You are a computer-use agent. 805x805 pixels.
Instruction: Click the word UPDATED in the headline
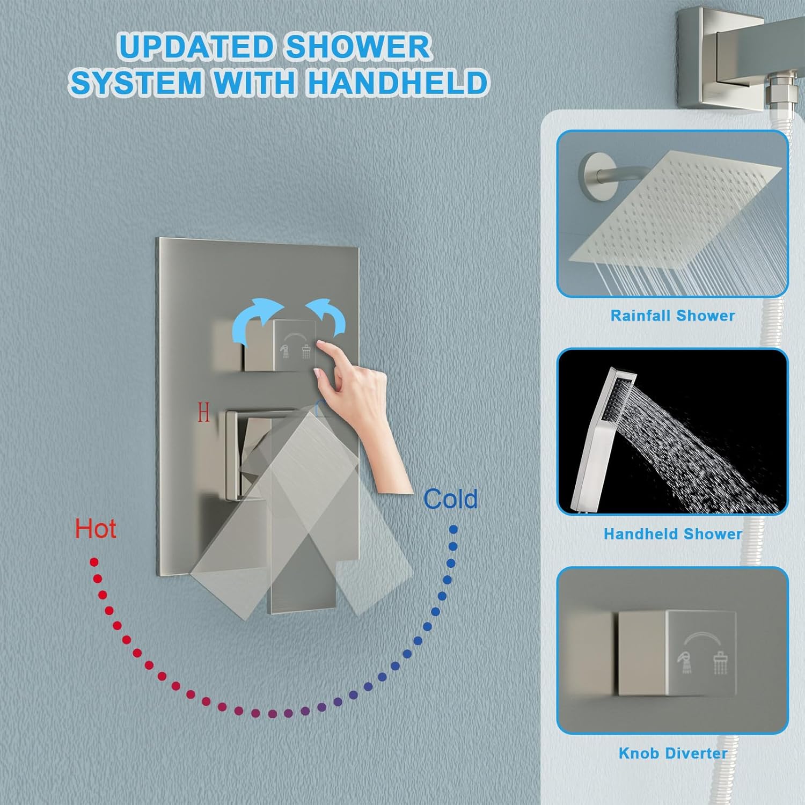(x=196, y=47)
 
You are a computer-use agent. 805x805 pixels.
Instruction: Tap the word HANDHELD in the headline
(x=397, y=83)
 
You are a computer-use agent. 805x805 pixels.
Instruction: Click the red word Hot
(x=96, y=529)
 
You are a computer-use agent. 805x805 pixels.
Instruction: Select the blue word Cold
(x=450, y=499)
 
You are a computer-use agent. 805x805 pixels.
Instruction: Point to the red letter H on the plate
(x=203, y=413)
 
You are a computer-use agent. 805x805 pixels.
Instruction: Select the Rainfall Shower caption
(x=672, y=316)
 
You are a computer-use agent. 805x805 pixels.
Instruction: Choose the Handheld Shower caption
(x=672, y=534)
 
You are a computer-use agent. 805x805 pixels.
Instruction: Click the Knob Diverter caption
(x=672, y=753)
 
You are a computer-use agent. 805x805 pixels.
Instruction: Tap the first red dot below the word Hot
(x=94, y=562)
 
